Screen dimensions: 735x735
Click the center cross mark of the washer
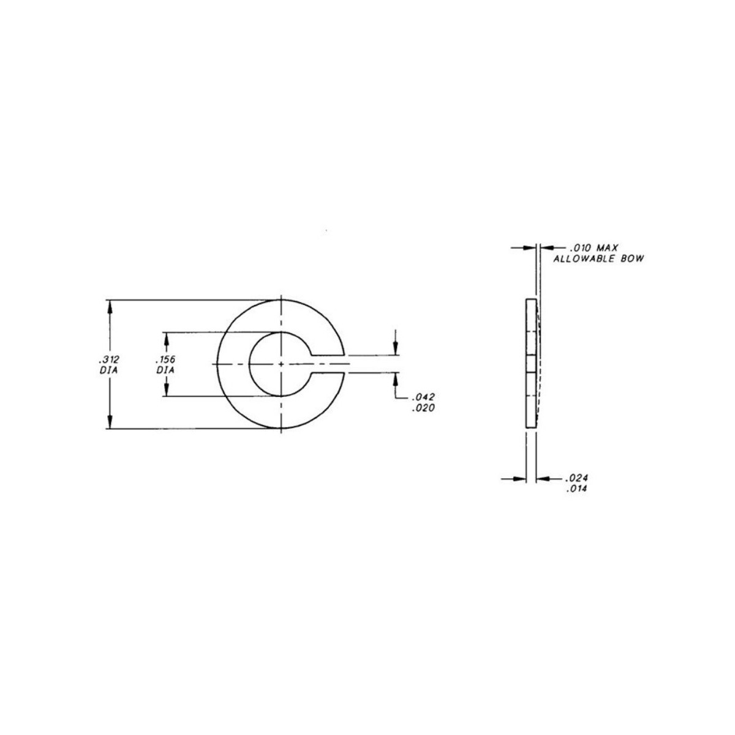tap(281, 364)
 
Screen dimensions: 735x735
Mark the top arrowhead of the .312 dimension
tap(110, 304)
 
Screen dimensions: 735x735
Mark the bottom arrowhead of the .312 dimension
tap(110, 423)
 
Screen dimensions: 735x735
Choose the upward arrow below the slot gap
tap(396, 379)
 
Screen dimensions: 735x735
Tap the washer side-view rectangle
tap(531, 364)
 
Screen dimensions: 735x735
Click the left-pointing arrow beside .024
tap(543, 478)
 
